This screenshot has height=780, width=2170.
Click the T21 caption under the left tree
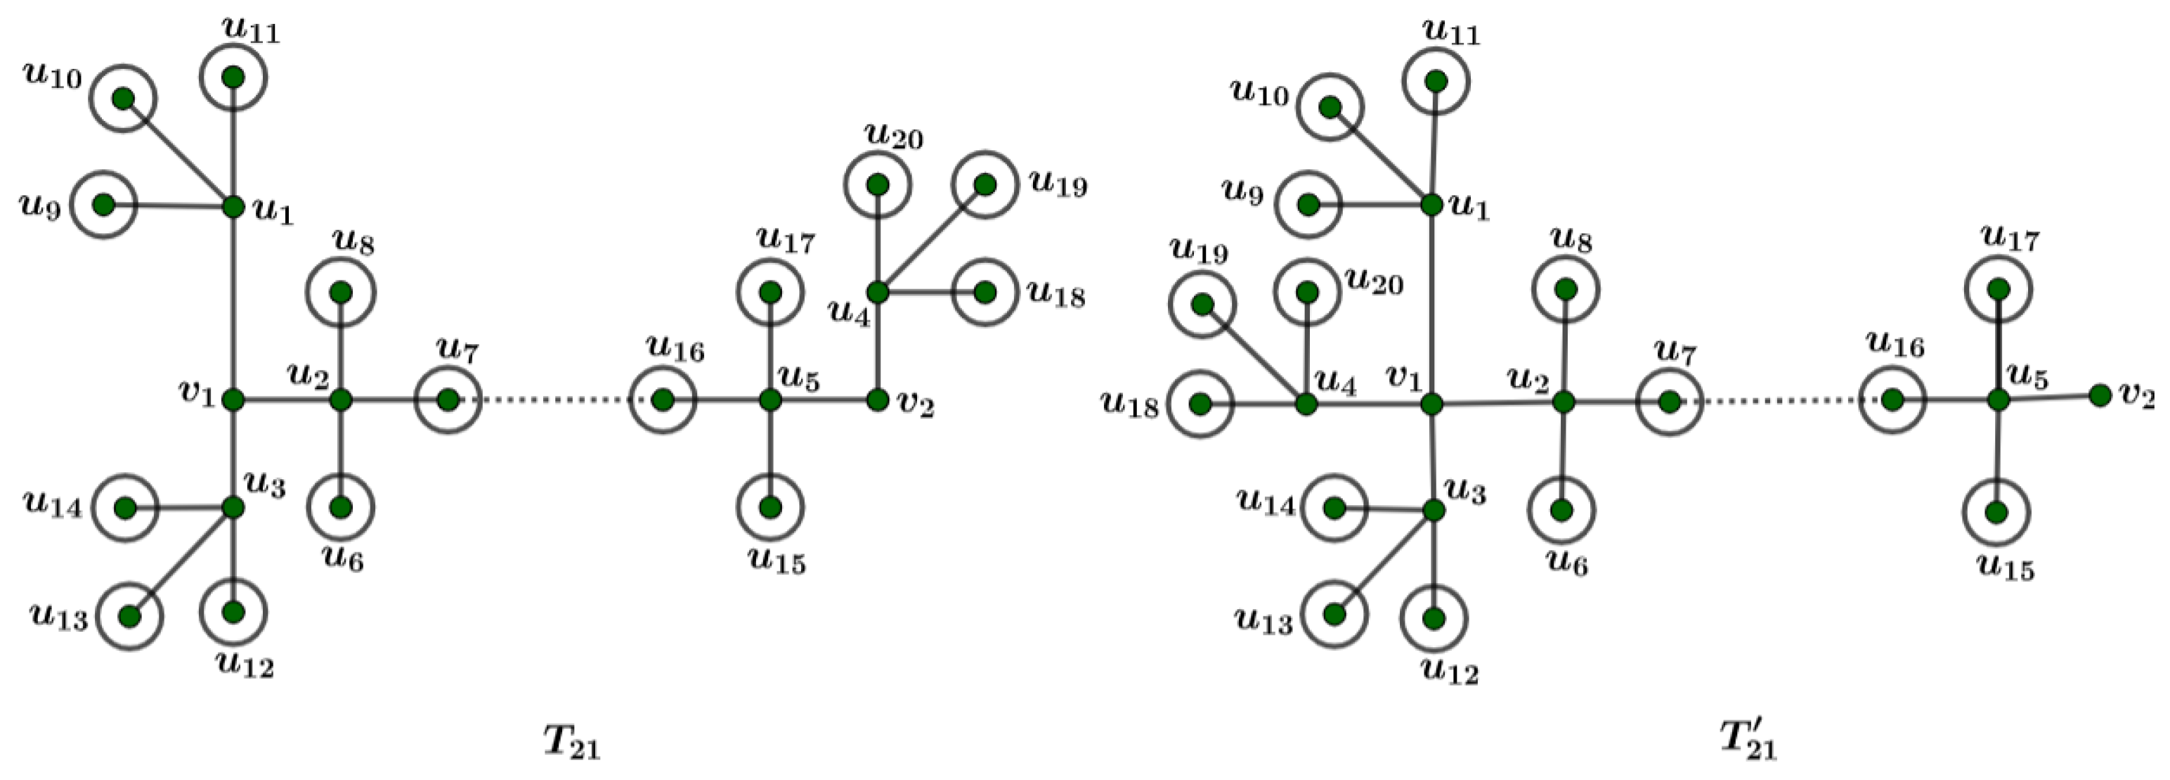click(571, 742)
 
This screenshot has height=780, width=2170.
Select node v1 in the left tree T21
click(233, 400)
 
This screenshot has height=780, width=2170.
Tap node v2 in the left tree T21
click(877, 399)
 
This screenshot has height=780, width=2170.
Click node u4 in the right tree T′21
click(1306, 404)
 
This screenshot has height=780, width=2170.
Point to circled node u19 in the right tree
click(1203, 304)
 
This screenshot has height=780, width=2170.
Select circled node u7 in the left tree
click(448, 400)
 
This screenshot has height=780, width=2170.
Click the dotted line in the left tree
click(556, 400)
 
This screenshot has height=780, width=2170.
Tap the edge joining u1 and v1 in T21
click(233, 304)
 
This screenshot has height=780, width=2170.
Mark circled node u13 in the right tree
click(1334, 614)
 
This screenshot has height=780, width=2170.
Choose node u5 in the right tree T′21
click(1998, 400)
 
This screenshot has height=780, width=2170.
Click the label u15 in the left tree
click(777, 562)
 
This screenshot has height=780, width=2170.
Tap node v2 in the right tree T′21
click(2099, 394)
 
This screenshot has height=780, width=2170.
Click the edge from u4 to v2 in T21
click(877, 345)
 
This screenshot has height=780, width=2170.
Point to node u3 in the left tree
click(233, 508)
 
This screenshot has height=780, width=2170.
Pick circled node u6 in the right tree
click(1561, 510)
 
